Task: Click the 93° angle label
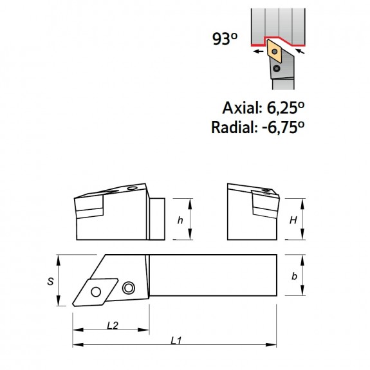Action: coord(225,39)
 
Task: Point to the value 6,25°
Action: coord(286,108)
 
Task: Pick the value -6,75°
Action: coord(283,127)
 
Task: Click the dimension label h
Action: coord(180,220)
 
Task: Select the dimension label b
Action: coord(294,276)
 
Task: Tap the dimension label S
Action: coord(50,281)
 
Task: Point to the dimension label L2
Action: coord(113,326)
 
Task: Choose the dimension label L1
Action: coord(176,340)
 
